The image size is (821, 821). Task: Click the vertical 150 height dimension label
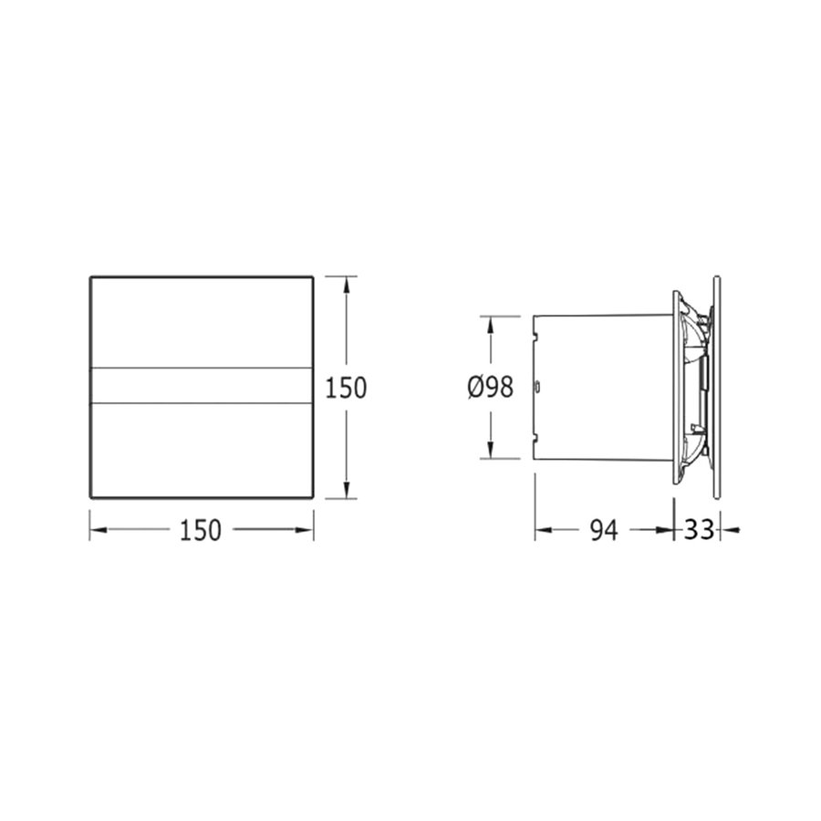point(346,388)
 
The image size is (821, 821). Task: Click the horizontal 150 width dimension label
point(202,529)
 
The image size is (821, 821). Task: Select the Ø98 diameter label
point(490,388)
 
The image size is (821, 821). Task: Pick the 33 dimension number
point(697,530)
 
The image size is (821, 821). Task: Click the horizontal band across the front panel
point(202,386)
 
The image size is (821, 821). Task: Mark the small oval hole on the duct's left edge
point(536,387)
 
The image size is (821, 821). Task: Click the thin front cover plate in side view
point(719,388)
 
